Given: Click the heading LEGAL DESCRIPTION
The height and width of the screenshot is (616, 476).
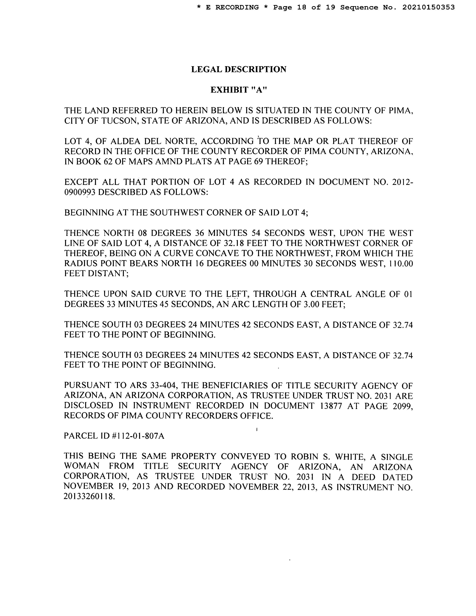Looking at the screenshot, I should tap(239, 69).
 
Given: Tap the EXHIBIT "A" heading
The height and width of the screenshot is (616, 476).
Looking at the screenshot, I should tap(239, 90).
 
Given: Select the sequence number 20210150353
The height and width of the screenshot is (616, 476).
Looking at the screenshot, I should tap(428, 7).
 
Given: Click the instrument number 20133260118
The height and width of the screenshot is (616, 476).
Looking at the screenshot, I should tap(89, 497).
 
